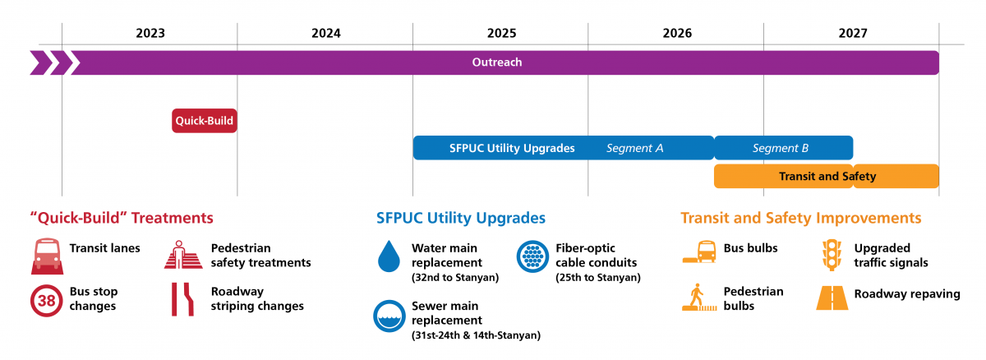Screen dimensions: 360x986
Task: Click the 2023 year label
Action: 150,34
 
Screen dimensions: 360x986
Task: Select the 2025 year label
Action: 501,34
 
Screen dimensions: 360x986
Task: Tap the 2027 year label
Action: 852,34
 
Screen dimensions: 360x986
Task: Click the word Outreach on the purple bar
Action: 496,62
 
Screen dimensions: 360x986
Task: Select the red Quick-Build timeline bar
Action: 205,121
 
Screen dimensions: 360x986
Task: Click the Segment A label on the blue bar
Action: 634,149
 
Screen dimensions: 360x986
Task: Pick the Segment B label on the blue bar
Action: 781,149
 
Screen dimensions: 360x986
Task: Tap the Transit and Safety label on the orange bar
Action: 827,177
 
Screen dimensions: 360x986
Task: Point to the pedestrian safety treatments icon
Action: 182,256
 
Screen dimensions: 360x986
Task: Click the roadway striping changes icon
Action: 182,300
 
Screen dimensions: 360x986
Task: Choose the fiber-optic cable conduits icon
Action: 532,256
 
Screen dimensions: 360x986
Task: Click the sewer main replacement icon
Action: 388,315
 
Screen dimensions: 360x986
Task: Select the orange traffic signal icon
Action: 832,255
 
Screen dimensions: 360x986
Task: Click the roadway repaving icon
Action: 832,297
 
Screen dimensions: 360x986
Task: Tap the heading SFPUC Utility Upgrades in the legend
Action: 461,219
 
